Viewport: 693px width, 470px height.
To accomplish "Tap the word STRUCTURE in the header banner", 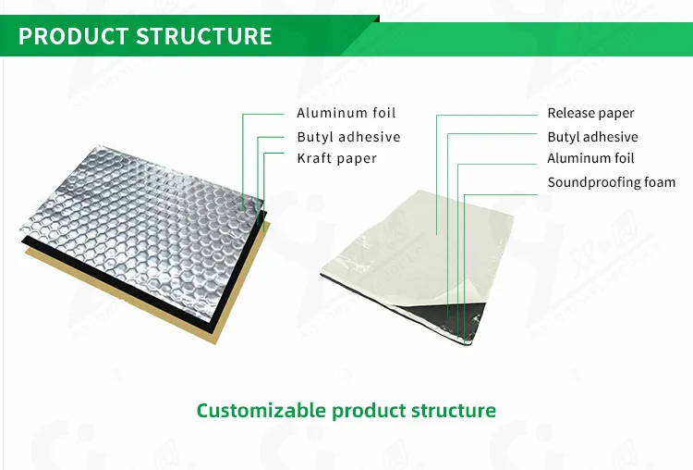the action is click(204, 36).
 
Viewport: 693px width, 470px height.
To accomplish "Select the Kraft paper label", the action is click(336, 159).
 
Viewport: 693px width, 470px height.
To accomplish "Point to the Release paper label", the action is click(590, 114).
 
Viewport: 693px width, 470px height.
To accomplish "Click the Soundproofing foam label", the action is click(611, 182).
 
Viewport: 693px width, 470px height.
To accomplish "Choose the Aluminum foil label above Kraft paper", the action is click(346, 113).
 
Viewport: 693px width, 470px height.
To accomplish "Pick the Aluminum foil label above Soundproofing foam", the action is click(590, 159).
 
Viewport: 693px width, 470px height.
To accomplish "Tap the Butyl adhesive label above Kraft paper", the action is click(348, 137).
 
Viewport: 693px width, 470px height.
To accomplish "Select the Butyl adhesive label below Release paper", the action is click(592, 137).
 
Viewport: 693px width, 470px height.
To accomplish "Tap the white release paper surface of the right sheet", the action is click(407, 241).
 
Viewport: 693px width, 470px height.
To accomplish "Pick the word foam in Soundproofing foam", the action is click(658, 182).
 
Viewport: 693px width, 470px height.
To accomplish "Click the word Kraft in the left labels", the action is click(314, 159).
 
